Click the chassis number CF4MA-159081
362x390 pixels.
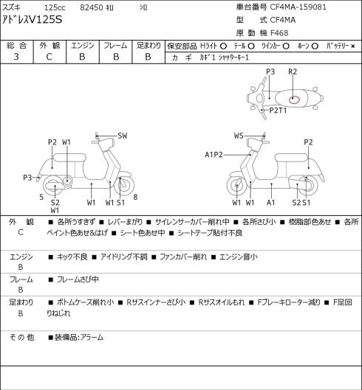[x=298, y=7]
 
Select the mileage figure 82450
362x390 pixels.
[x=92, y=7]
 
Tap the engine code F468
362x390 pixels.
[x=279, y=33]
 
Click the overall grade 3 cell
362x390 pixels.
[x=16, y=57]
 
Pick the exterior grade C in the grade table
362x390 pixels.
[x=49, y=57]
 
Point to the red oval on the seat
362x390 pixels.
[x=294, y=100]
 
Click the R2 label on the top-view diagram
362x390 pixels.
[x=293, y=72]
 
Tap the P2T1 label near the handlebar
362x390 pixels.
[x=278, y=110]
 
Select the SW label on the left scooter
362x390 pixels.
[x=123, y=136]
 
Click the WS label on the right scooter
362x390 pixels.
[x=239, y=136]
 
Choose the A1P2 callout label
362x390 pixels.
[x=214, y=155]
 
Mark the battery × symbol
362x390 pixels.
[x=353, y=46]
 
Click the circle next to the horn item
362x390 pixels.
[x=315, y=46]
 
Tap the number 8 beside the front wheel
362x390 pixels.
[x=135, y=198]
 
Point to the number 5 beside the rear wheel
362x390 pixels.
[x=41, y=198]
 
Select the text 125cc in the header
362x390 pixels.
[x=55, y=7]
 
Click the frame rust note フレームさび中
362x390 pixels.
[x=78, y=279]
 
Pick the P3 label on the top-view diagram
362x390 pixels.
[x=270, y=72]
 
